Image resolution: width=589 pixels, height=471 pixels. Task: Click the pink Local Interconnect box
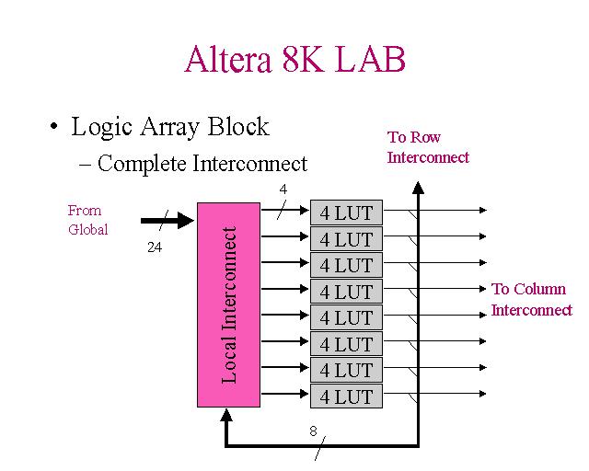click(x=230, y=304)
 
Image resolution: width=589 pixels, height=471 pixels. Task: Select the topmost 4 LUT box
click(x=346, y=213)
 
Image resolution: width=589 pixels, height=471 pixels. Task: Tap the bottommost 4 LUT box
click(x=346, y=396)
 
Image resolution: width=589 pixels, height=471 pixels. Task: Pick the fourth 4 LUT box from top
click(x=346, y=292)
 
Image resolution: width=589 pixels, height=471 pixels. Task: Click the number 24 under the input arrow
click(x=155, y=247)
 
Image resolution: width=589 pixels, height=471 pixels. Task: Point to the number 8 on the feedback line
click(x=313, y=431)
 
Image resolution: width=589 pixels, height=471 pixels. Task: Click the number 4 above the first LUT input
click(x=283, y=190)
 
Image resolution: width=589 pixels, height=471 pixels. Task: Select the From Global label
click(x=87, y=220)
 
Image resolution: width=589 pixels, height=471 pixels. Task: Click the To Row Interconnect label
click(x=428, y=147)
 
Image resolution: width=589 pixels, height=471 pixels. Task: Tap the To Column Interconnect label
click(x=531, y=299)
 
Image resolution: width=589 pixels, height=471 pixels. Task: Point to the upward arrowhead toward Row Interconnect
click(x=418, y=188)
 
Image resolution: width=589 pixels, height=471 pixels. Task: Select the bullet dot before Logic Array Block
click(x=56, y=127)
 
